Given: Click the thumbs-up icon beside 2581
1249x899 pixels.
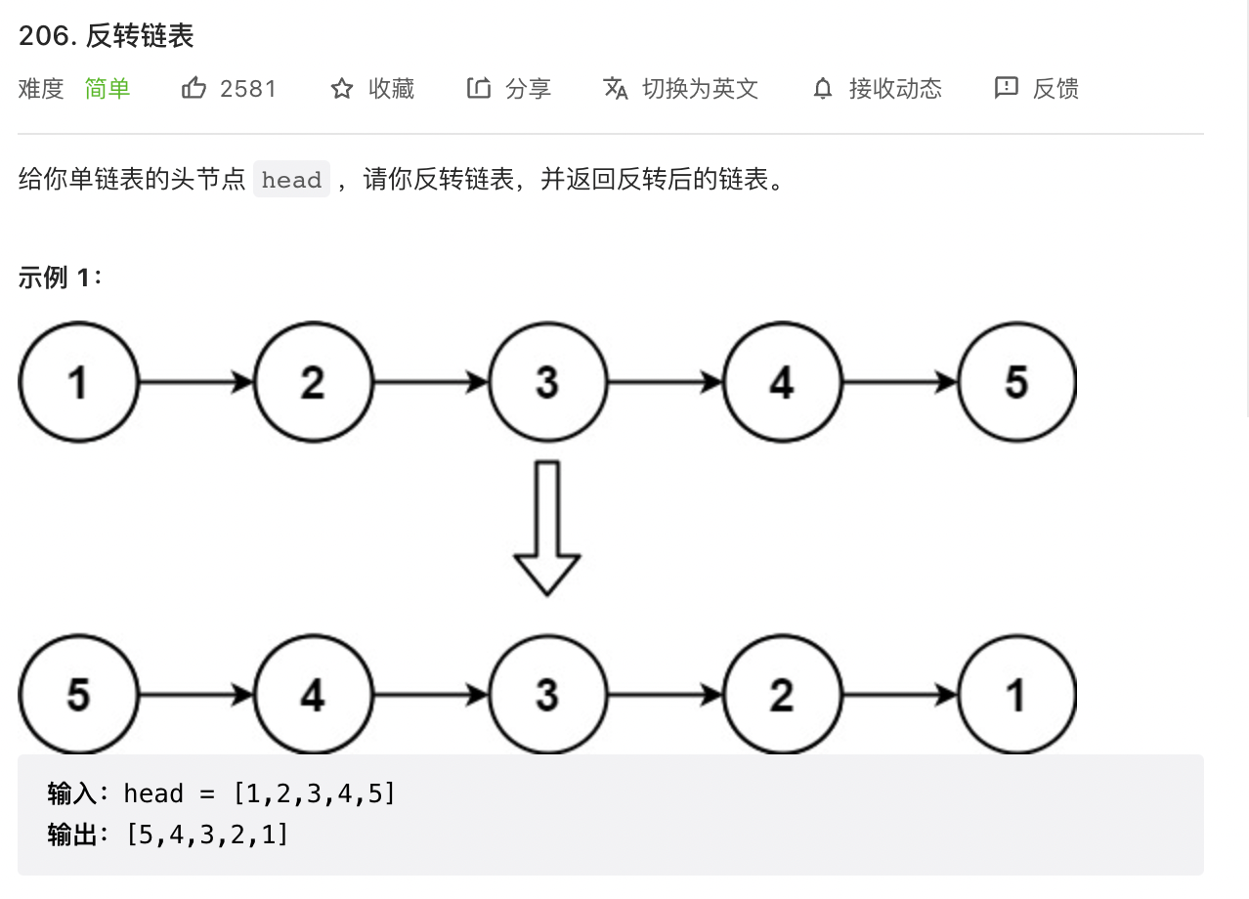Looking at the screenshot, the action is pos(194,88).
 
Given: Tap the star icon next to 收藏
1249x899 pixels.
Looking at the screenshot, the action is pos(342,89).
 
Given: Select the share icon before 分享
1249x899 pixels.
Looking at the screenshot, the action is pos(479,88).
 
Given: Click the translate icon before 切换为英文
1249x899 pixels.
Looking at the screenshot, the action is pos(616,89).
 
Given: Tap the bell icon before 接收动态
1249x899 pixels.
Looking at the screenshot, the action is pos(823,89).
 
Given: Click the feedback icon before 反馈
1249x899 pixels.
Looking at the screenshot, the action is pos(1007,88).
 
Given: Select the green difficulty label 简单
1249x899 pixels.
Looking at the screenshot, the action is pos(108,89).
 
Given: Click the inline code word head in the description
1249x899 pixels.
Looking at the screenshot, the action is pos(291,180).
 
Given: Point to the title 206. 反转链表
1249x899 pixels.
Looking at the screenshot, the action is pos(106,36).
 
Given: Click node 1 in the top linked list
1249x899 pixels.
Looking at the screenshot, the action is pos(78,382).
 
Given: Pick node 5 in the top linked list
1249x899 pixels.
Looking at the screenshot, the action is pos(1017,382).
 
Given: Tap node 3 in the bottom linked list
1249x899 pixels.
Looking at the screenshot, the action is pos(547,695).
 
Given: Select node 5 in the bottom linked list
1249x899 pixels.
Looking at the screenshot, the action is pos(78,695).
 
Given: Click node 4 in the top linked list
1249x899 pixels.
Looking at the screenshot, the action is pos(782,382).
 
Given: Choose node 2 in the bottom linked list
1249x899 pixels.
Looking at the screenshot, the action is pos(782,695).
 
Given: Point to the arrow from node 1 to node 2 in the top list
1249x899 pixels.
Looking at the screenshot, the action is pos(196,382).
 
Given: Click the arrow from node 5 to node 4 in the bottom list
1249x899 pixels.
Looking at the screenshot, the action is pos(196,695).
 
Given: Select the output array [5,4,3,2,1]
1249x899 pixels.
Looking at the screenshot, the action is pos(207,835).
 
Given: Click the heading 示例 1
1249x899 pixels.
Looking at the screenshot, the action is pos(60,277).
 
